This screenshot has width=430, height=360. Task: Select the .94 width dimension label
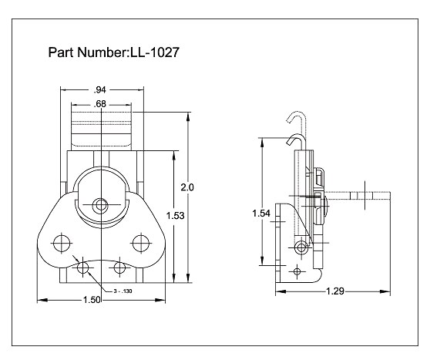click(x=100, y=89)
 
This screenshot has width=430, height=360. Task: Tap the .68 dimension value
click(x=100, y=103)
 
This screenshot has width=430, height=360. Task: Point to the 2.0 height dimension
click(x=187, y=187)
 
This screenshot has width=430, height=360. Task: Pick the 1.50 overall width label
click(x=100, y=299)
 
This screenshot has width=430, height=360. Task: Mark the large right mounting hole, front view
click(x=139, y=243)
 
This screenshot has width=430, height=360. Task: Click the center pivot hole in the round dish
click(x=100, y=205)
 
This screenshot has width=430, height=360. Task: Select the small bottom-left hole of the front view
click(x=82, y=269)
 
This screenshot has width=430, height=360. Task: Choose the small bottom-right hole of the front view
click(x=119, y=269)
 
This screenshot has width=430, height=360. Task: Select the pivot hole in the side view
click(x=301, y=247)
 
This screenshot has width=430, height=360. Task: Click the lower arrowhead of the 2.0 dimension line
click(x=187, y=279)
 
